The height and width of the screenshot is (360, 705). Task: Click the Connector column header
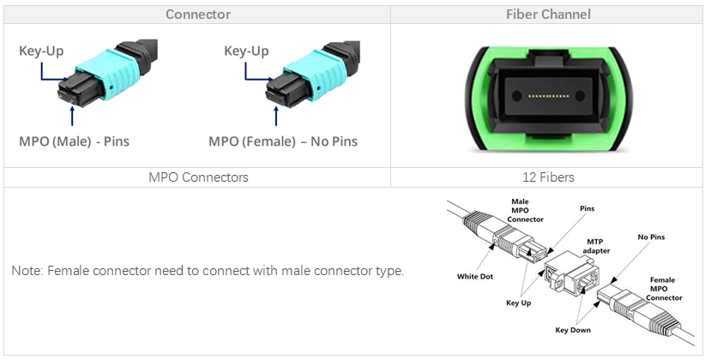pos(198,15)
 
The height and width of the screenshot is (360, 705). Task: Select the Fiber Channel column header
pos(548,15)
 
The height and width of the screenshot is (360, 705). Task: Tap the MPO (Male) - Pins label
pos(74,141)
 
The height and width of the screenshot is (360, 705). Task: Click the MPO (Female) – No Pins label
pos(283,141)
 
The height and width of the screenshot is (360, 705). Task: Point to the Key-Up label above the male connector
pos(41,51)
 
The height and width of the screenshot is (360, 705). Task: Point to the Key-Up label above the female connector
pos(246,51)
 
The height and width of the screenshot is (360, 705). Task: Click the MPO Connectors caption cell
pos(198,177)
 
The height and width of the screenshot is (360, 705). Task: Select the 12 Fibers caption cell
pos(548,177)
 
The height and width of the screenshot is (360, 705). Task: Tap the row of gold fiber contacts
pos(549,96)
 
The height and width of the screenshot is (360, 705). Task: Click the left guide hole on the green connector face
pos(517,96)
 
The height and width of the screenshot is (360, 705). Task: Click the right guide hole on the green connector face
pos(580,96)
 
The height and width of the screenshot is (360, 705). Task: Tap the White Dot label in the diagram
pos(475,276)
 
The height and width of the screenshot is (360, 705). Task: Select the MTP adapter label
pos(596,246)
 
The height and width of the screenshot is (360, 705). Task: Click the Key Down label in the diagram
pos(573,330)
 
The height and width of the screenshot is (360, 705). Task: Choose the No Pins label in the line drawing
pos(651,237)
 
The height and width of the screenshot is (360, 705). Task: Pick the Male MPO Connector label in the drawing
pos(525,210)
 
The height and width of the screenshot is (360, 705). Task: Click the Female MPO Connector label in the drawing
pos(664,289)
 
